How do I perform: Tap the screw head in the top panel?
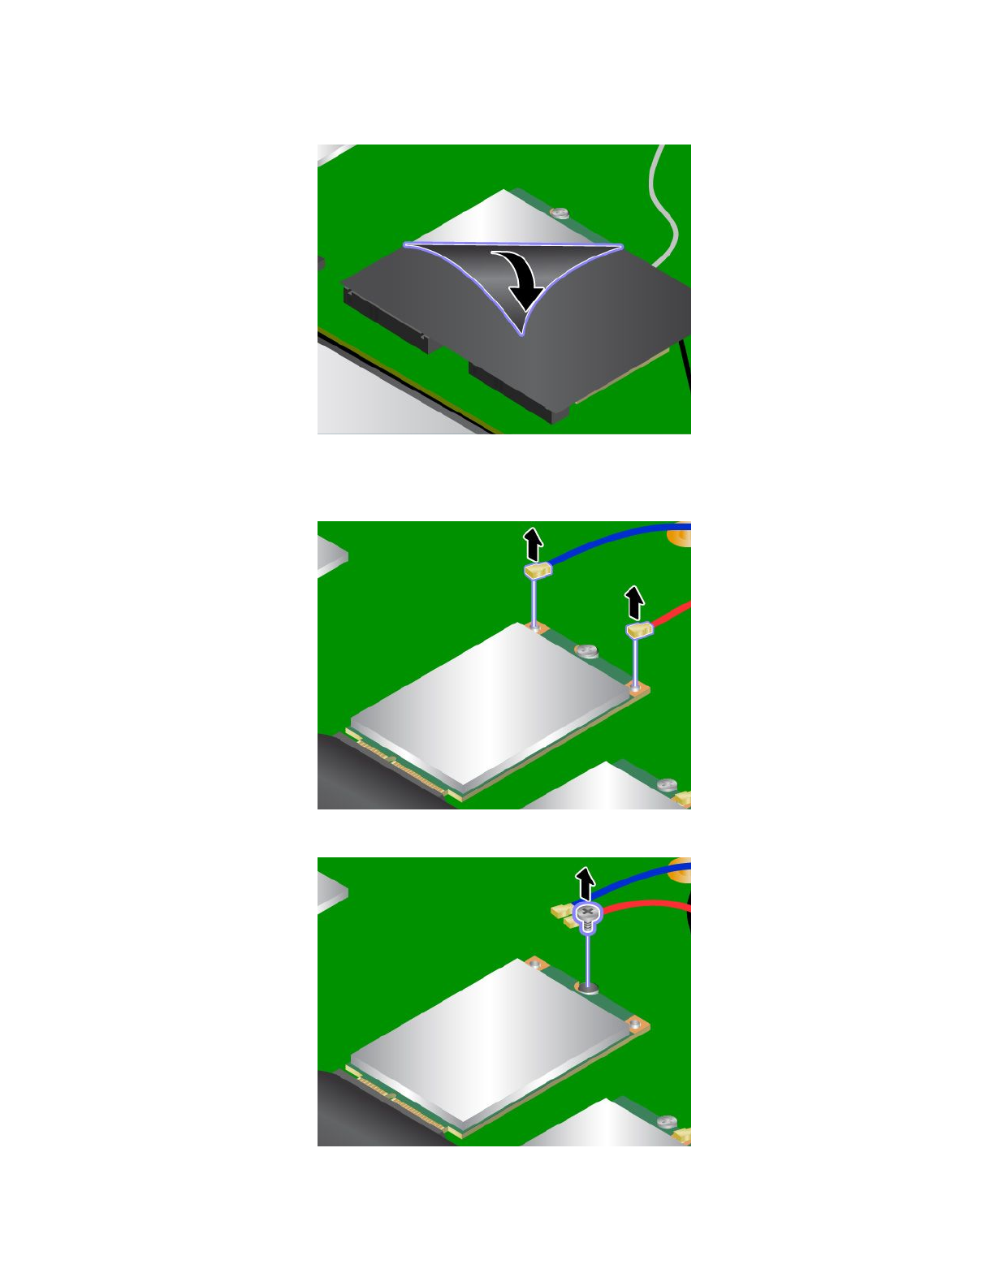560,213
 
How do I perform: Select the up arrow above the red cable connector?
634,602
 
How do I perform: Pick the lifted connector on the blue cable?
538,571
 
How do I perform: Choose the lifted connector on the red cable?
639,630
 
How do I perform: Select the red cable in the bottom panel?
650,904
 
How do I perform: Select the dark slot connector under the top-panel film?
386,317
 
